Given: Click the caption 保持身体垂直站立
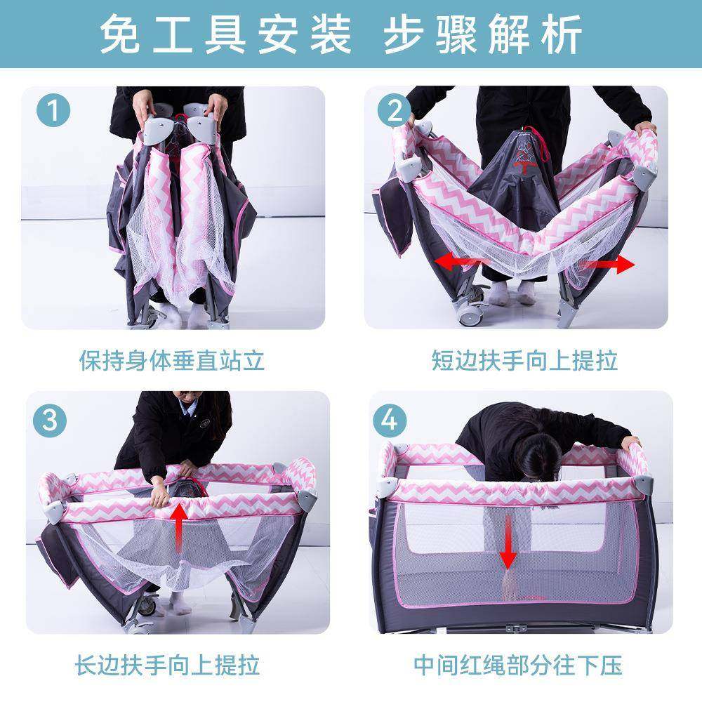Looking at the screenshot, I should coord(171,361).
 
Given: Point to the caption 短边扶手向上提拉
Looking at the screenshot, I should coord(524,361).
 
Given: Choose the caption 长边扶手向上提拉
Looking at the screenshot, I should coord(168,664).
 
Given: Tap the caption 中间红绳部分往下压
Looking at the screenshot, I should coord(517,664).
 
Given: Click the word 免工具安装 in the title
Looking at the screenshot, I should coord(225,33).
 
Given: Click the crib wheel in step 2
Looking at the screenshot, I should coord(466,313).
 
